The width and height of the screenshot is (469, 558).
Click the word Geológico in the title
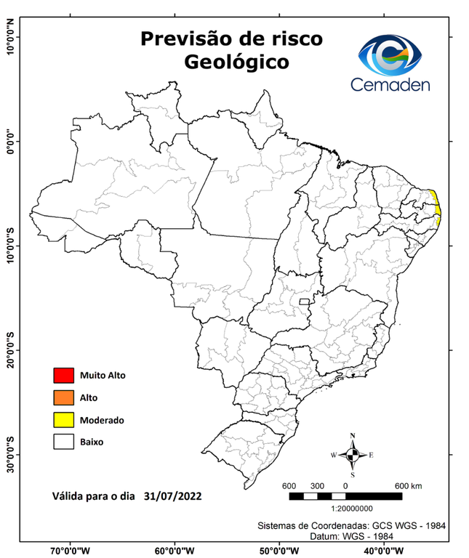(236, 62)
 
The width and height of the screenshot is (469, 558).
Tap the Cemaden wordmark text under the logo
(390, 84)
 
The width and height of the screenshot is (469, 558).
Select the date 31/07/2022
(172, 496)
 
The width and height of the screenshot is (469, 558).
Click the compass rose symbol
(353, 455)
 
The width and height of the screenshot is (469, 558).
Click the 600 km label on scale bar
(407, 485)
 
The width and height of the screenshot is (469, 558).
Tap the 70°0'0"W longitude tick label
(71, 550)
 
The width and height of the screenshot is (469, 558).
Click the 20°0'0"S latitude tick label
(10, 350)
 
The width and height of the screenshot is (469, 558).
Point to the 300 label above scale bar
(317, 485)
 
